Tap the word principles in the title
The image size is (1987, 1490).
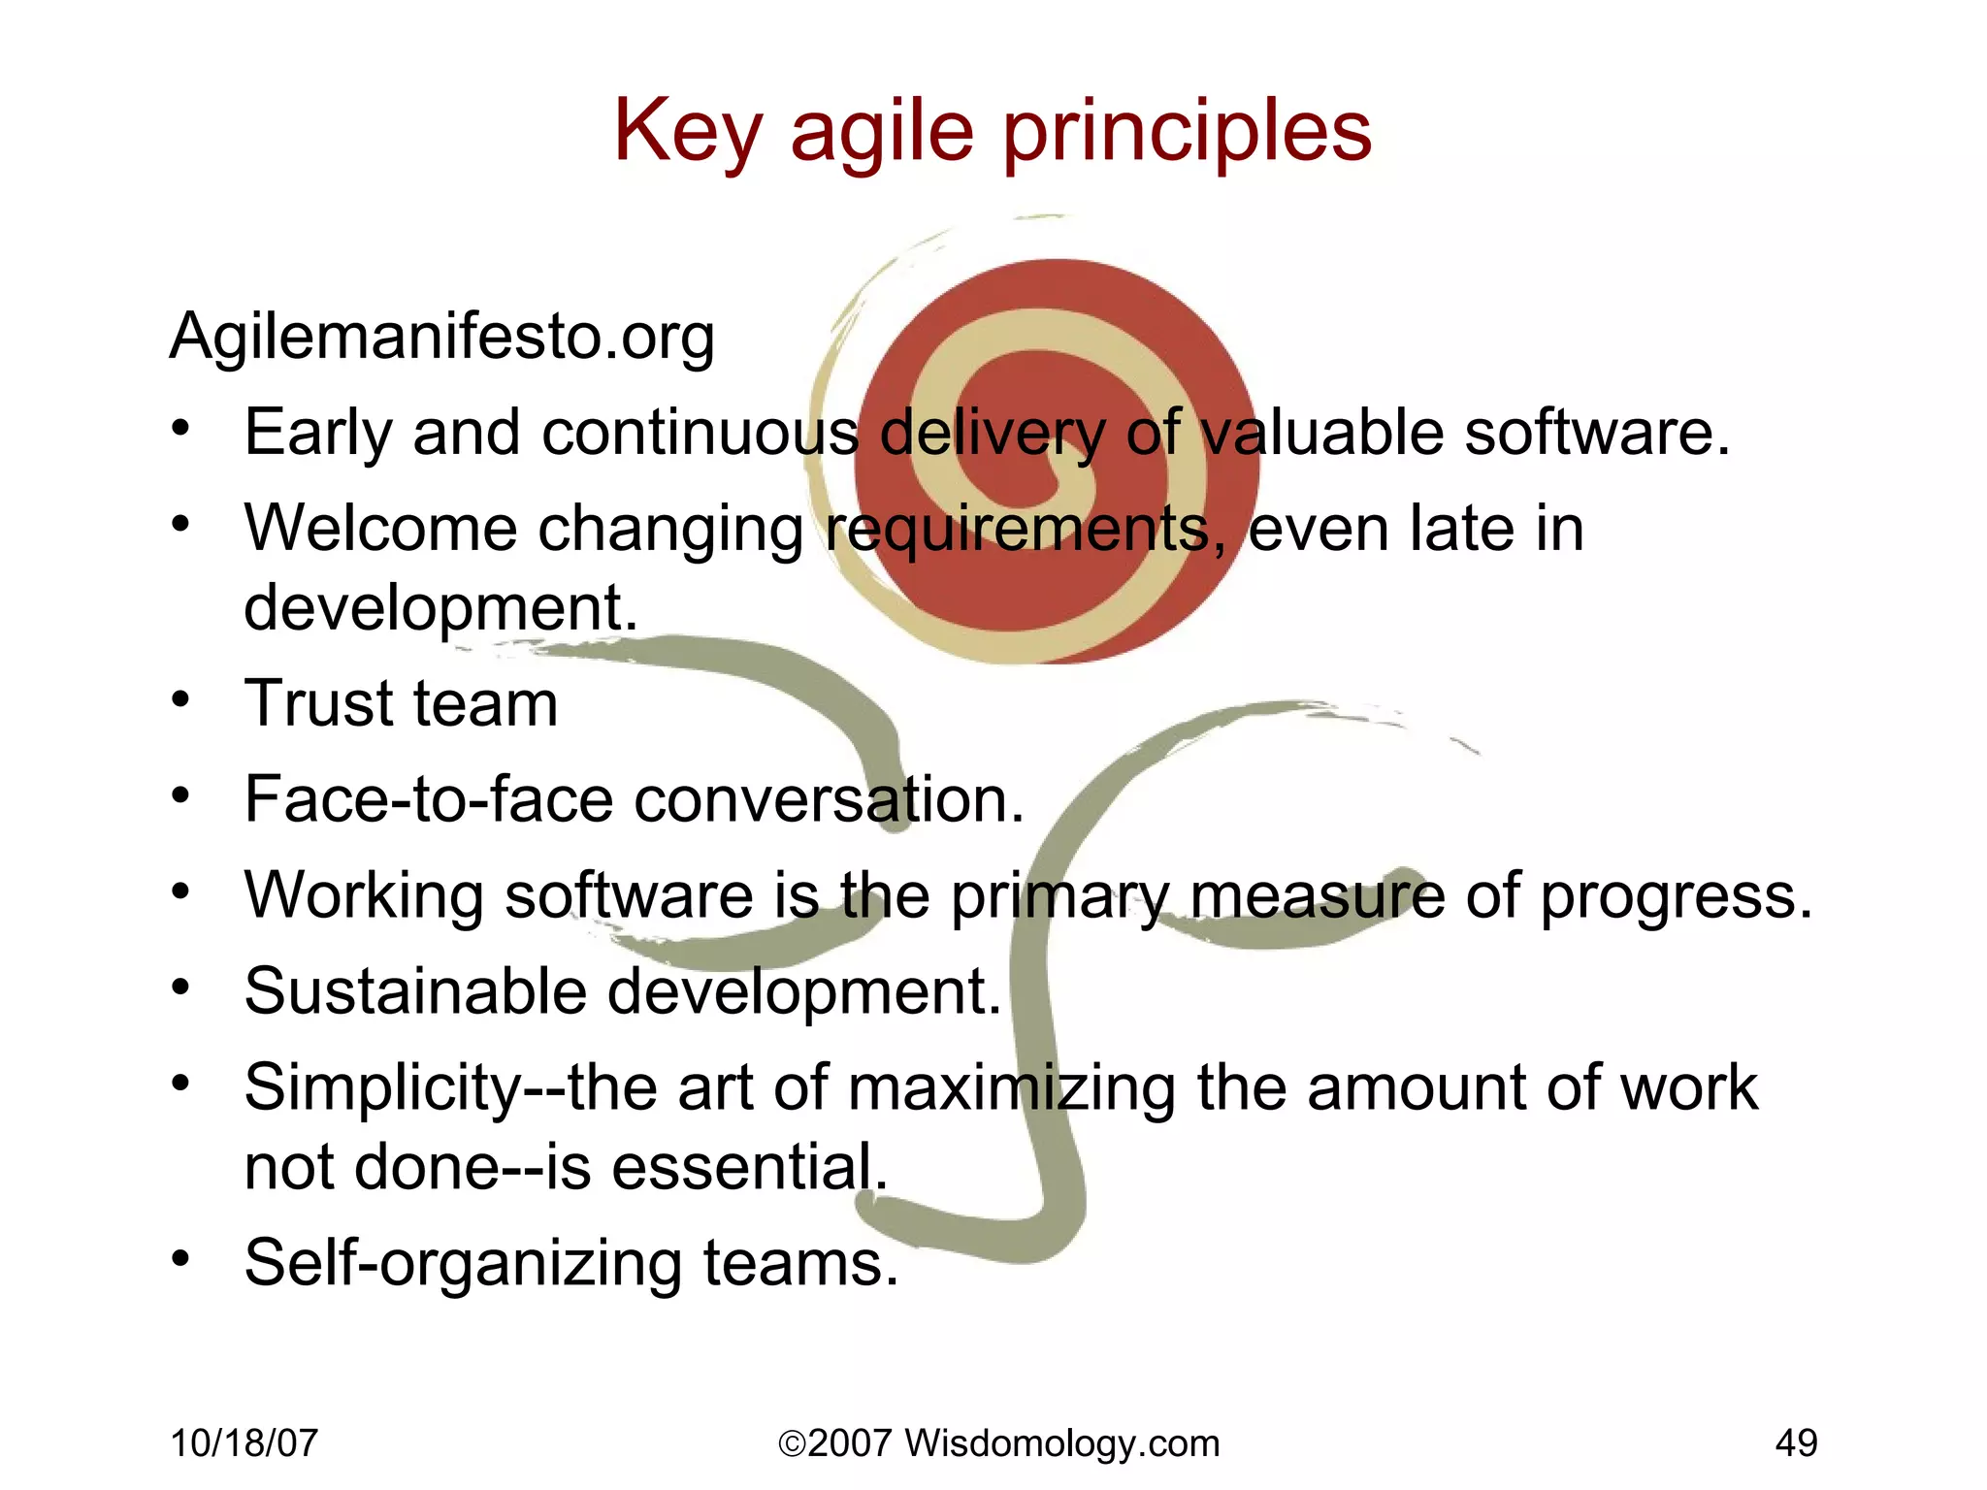pyautogui.click(x=1187, y=133)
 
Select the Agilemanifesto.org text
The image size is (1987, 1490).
pyautogui.click(x=442, y=337)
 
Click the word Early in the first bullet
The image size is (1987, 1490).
pyautogui.click(x=316, y=433)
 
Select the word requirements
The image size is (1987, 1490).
pyautogui.click(x=1019, y=531)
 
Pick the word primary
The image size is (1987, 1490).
pyautogui.click(x=1059, y=896)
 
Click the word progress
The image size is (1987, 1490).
pyautogui.click(x=1677, y=896)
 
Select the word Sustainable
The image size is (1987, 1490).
pyautogui.click(x=415, y=991)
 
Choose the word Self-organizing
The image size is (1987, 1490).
pyautogui.click(x=463, y=1263)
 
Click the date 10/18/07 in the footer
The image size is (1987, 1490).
pyautogui.click(x=244, y=1443)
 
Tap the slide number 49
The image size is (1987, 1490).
pyautogui.click(x=1796, y=1443)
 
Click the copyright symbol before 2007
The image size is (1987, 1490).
pyautogui.click(x=792, y=1444)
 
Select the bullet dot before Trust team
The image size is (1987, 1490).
pyautogui.click(x=180, y=699)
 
